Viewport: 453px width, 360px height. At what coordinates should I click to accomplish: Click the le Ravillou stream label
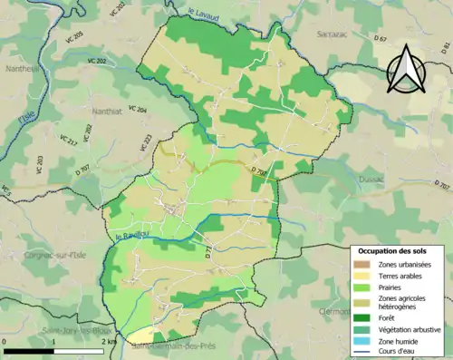click(132, 238)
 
